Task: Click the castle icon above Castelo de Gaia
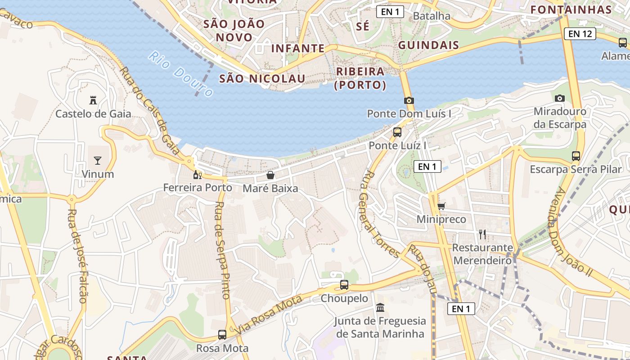coord(93,100)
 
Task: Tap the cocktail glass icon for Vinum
coord(98,160)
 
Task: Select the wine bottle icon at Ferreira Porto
coord(197,175)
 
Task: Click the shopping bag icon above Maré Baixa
coord(270,175)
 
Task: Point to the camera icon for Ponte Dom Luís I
coord(409,100)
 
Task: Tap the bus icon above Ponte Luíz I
coord(397,132)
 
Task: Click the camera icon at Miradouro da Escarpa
coord(559,98)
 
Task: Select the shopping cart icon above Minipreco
coord(441,206)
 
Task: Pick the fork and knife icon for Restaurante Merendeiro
coord(482,234)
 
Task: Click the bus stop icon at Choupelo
coord(344,285)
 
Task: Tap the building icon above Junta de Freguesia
coord(380,308)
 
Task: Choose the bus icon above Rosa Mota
coord(222,335)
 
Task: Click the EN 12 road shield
coord(580,33)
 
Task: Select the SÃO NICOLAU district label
coord(262,79)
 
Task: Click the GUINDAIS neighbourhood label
coord(428,45)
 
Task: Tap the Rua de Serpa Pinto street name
coord(223,250)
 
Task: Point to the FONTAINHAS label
coord(571,10)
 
